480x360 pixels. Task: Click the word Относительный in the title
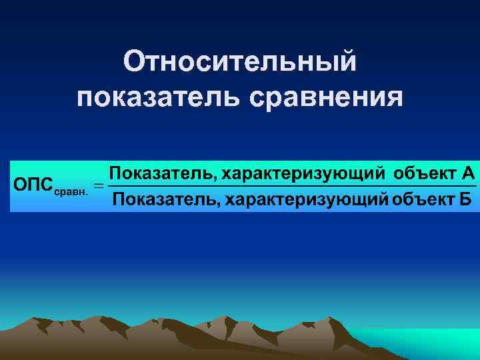pyautogui.click(x=240, y=63)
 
